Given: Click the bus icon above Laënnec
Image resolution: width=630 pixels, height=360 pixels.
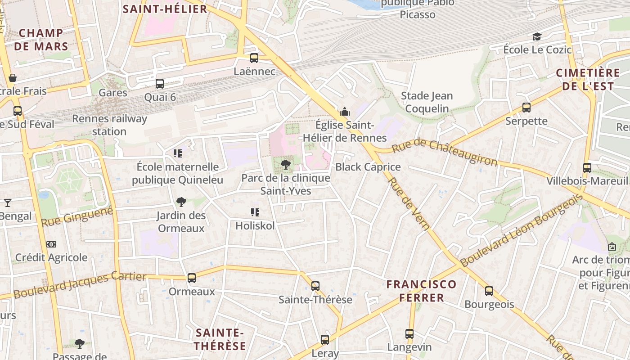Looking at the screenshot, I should pos(254,58).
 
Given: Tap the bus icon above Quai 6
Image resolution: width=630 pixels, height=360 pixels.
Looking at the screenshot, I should pos(160,84).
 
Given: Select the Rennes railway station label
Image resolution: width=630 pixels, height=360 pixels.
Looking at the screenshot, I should pos(109,125).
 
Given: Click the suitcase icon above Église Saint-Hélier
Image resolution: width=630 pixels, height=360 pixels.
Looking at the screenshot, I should pos(345,112).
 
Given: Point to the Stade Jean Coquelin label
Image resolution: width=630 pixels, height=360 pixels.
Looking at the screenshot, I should pos(427,102).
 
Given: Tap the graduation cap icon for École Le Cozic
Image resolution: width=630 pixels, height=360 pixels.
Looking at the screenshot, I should pos(537,36).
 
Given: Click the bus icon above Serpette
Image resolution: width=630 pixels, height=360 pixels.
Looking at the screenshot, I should pos(526,108).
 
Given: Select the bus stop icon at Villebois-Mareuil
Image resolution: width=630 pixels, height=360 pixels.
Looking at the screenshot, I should pos(587,168).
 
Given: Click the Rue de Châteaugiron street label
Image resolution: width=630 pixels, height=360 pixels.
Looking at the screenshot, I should pos(445,152).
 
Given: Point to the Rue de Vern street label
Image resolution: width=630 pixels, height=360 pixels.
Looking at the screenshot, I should pos(409,203).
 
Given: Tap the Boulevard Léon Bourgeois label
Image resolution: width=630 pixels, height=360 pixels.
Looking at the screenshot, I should pos(522,230).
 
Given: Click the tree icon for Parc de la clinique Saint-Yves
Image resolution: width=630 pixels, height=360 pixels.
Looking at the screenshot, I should pos(285,165).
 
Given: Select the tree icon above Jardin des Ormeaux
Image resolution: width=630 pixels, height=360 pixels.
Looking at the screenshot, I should pos(181,202).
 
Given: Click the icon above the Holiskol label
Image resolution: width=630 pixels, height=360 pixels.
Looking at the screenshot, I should pos(255,212).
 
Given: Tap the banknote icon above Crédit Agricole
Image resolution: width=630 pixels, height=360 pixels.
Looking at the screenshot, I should pos(51,244).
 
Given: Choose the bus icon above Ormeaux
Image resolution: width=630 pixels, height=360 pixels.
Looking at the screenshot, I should pos(192,278).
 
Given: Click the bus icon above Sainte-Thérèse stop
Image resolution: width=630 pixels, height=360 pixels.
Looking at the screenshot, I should pos(315,286).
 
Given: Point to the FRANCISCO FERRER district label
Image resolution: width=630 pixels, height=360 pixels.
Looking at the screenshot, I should pos(421,291).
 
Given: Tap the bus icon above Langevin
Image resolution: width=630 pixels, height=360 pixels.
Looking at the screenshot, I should pos(409,334).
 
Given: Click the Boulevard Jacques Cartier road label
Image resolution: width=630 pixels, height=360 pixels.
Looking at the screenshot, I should pos(80,285).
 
